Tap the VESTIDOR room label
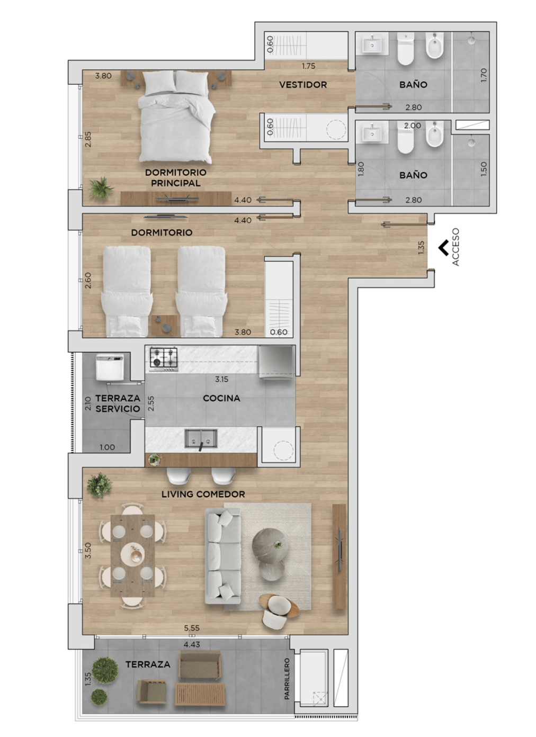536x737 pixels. pos(303,85)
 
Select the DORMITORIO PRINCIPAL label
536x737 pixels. pos(176,178)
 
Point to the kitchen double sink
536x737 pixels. pos(201,438)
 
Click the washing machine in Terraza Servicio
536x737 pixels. pos(110,366)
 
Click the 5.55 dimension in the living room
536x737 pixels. pos(192,628)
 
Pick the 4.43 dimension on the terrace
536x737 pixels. pos(192,644)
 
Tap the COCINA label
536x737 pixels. pos(221,398)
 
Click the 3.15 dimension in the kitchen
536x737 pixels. pos(221,379)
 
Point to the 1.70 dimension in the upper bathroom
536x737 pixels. pos(484,75)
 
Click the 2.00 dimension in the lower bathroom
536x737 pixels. pos(413,125)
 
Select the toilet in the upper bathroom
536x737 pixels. pos(405,49)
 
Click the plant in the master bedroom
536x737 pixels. pos(101,188)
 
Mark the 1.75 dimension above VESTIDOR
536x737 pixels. pos(308,66)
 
